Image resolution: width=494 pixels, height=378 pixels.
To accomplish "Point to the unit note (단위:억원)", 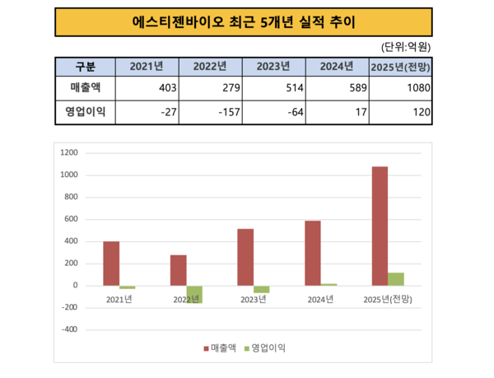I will pos(408,46).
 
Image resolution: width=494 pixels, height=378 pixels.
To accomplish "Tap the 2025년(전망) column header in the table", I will pos(405,67).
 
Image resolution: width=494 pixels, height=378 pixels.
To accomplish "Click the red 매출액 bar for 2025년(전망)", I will pos(380,226).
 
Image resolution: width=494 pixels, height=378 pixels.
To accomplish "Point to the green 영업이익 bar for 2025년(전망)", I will pos(396,279).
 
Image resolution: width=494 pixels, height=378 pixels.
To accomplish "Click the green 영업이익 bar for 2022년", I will pos(194,294).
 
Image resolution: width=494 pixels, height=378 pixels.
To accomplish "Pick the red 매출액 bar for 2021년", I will pos(111,264).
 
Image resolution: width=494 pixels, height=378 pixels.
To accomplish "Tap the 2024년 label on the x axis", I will pos(320,299).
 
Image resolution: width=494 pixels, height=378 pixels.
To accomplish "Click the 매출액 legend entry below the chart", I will pos(219,348).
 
